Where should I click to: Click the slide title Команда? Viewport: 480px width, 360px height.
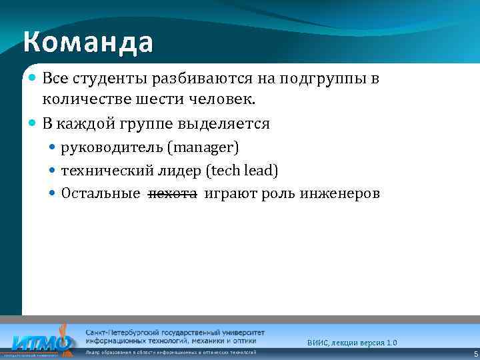[88, 42]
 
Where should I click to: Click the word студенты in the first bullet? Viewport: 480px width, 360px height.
[106, 79]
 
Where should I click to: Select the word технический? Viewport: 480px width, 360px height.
[97, 171]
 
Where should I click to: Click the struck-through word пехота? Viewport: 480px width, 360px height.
[172, 194]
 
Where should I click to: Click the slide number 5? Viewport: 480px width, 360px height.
[475, 354]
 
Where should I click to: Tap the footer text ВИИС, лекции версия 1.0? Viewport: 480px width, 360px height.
[352, 342]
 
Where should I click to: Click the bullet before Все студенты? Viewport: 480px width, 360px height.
[33, 79]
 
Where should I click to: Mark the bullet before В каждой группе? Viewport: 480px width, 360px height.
[33, 123]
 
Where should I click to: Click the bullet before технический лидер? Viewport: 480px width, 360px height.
[53, 171]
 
